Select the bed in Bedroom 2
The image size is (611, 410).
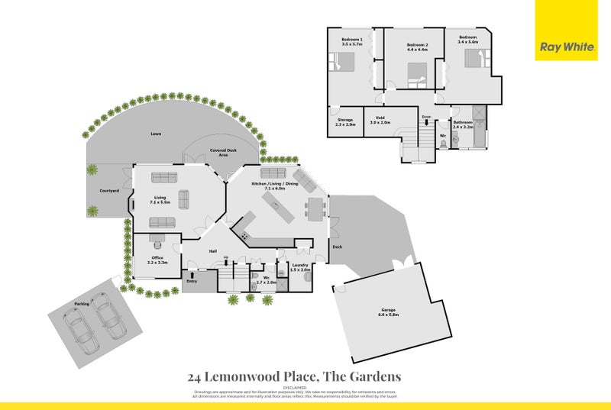click(x=416, y=75)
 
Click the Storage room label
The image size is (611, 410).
click(x=345, y=119)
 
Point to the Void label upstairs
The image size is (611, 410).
click(x=380, y=118)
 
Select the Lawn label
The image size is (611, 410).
click(x=155, y=134)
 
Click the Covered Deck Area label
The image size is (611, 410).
click(x=222, y=153)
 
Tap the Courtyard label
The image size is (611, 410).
click(x=108, y=191)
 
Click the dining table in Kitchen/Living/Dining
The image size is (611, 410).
click(x=315, y=206)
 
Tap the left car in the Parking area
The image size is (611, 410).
click(x=79, y=327)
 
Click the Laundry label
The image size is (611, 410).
click(x=300, y=266)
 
